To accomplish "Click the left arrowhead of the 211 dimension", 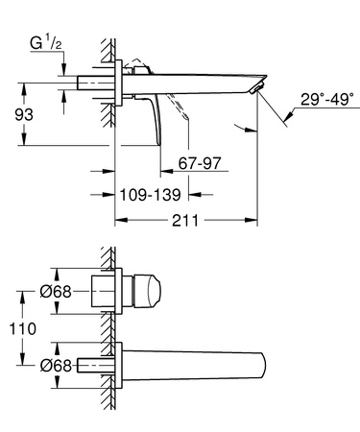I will [120, 221].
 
